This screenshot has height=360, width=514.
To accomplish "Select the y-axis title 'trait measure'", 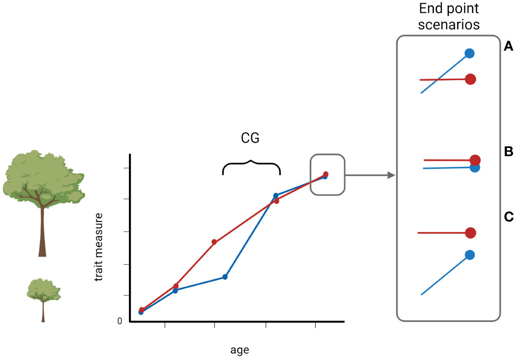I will (99, 247).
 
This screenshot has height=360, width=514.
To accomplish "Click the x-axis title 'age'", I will (239, 351).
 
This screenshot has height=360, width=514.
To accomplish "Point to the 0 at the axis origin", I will (119, 321).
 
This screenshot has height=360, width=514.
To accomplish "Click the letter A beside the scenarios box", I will (508, 46).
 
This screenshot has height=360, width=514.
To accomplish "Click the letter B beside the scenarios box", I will (508, 152).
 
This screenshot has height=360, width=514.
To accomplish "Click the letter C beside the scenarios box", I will (508, 217).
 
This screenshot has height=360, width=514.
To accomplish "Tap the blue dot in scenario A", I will (469, 54).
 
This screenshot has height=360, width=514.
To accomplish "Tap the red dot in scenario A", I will (470, 79).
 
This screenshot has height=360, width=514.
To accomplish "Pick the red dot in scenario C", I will (470, 233).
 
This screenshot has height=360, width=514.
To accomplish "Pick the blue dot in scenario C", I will (469, 255).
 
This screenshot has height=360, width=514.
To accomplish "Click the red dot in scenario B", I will (475, 160).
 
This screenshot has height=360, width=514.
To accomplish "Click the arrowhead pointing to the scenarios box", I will (391, 175).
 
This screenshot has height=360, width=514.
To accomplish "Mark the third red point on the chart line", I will (214, 242).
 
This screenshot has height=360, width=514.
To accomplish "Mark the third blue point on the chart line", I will (225, 277).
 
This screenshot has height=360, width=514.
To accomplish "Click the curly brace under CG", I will (251, 166).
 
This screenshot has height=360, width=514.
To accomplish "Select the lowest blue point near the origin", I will (141, 312).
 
